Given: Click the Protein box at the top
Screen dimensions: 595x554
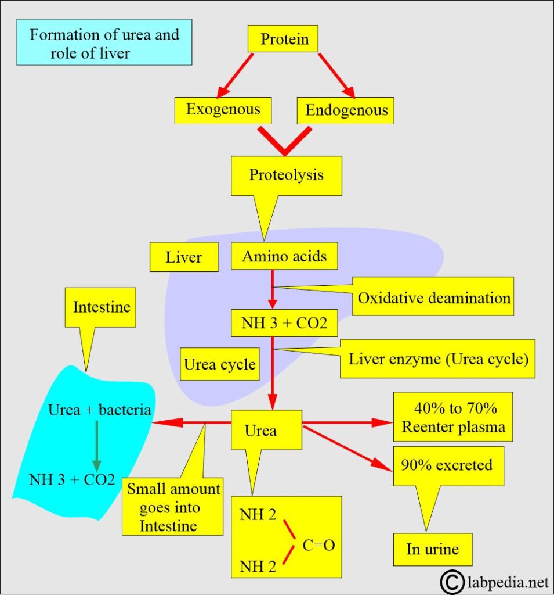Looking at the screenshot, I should click(x=284, y=40).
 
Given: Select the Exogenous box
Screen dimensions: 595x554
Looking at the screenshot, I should click(x=223, y=109).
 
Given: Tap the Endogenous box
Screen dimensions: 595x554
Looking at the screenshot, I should click(x=346, y=110).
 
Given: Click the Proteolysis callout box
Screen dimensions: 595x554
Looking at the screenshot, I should click(x=286, y=175).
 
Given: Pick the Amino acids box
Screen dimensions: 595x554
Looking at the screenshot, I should click(x=284, y=256).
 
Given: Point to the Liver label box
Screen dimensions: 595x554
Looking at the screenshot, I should click(x=184, y=257).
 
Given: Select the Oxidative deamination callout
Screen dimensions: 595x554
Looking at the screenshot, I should click(x=433, y=298).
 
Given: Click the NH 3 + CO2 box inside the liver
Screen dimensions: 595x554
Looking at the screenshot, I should click(x=284, y=324).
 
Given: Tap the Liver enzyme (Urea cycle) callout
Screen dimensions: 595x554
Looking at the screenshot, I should click(x=438, y=359).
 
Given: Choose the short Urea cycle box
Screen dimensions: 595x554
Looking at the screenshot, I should click(x=219, y=364).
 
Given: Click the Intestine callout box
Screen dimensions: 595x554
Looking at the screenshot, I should click(x=100, y=307).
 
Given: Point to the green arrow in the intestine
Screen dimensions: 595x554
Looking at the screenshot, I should click(x=97, y=445).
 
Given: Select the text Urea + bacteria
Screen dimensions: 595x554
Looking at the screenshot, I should click(x=100, y=410).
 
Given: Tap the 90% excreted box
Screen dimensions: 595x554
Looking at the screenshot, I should click(x=448, y=465).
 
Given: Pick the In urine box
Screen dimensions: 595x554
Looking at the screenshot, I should click(x=432, y=549).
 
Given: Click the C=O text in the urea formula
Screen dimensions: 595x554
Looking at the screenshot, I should click(x=318, y=546).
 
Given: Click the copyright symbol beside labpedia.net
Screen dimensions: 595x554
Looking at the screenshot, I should click(x=454, y=580).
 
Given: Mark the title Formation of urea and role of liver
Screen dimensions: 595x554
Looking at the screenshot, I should click(x=104, y=43).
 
